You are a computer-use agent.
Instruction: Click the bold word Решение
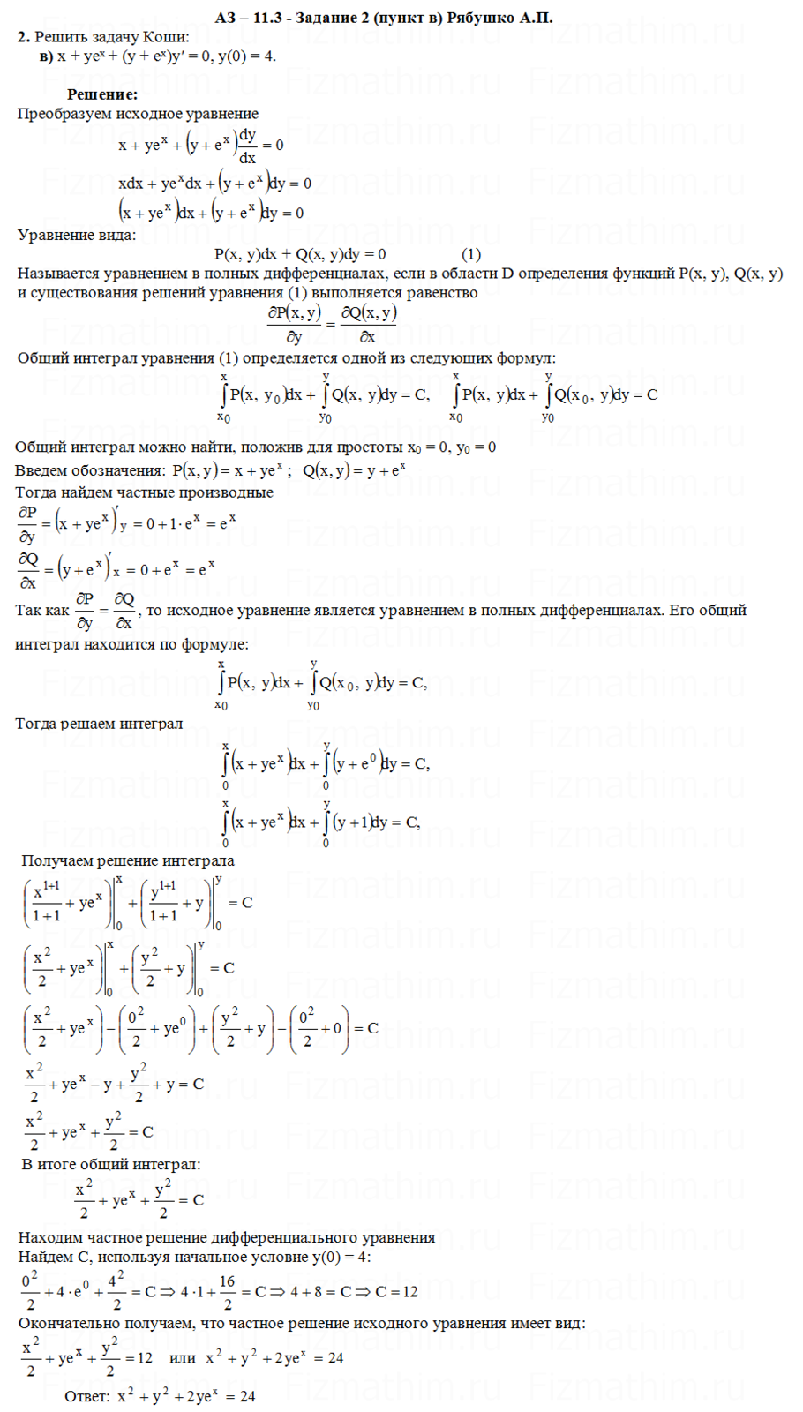102,94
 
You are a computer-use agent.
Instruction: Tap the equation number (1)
471,254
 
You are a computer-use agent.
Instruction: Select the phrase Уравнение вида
77,235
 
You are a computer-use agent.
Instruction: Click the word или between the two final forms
182,1358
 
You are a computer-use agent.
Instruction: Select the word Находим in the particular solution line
48,1237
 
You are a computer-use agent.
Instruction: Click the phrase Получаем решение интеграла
127,860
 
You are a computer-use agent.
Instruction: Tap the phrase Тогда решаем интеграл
99,724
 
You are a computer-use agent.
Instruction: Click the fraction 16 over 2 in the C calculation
227,1291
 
